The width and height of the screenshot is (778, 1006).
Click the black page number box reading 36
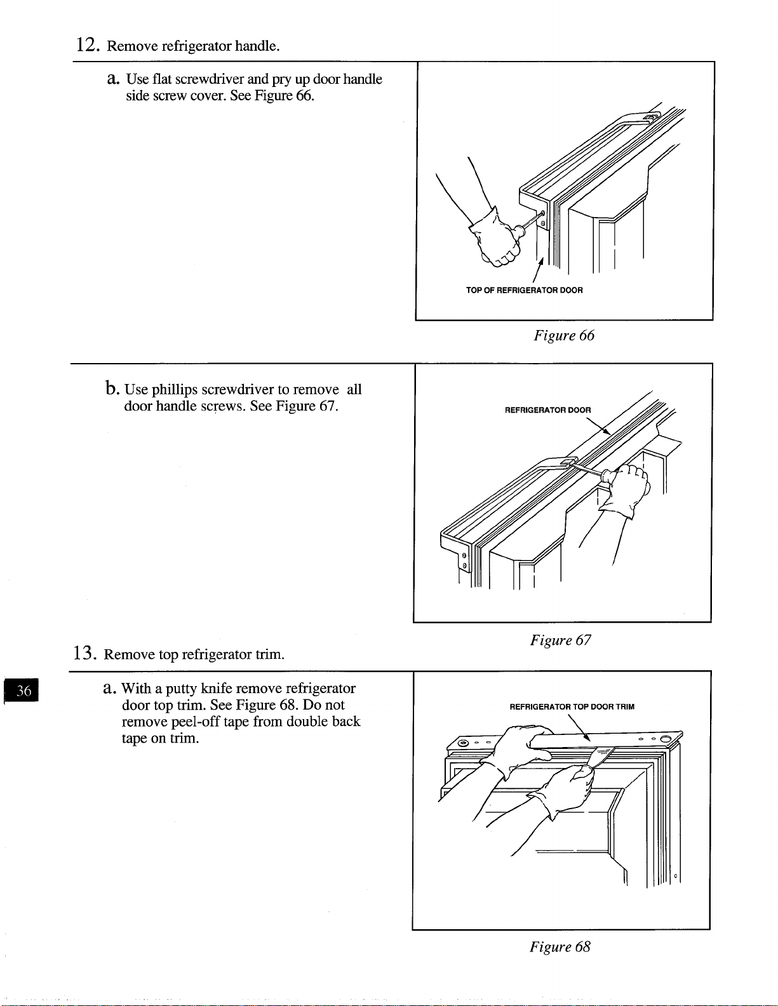tap(22, 691)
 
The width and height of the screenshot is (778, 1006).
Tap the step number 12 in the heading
tap(88, 45)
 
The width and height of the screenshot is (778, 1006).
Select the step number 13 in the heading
tap(85, 652)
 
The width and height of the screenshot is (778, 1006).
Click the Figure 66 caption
tap(563, 335)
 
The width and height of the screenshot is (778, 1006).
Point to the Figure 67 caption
tap(560, 640)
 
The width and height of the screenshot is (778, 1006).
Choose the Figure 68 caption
tap(560, 946)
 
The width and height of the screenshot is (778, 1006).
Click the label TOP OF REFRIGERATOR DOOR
tap(524, 290)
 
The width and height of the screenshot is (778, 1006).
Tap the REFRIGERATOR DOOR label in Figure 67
tap(548, 410)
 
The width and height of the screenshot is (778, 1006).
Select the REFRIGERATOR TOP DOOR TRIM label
tap(572, 706)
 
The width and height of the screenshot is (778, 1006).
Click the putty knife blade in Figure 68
tap(603, 756)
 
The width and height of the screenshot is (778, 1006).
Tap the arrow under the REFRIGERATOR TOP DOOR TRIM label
tap(579, 728)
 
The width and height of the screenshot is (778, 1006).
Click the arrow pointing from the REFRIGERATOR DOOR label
tap(598, 426)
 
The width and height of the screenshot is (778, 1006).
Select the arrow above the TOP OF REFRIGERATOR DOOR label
tap(538, 270)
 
